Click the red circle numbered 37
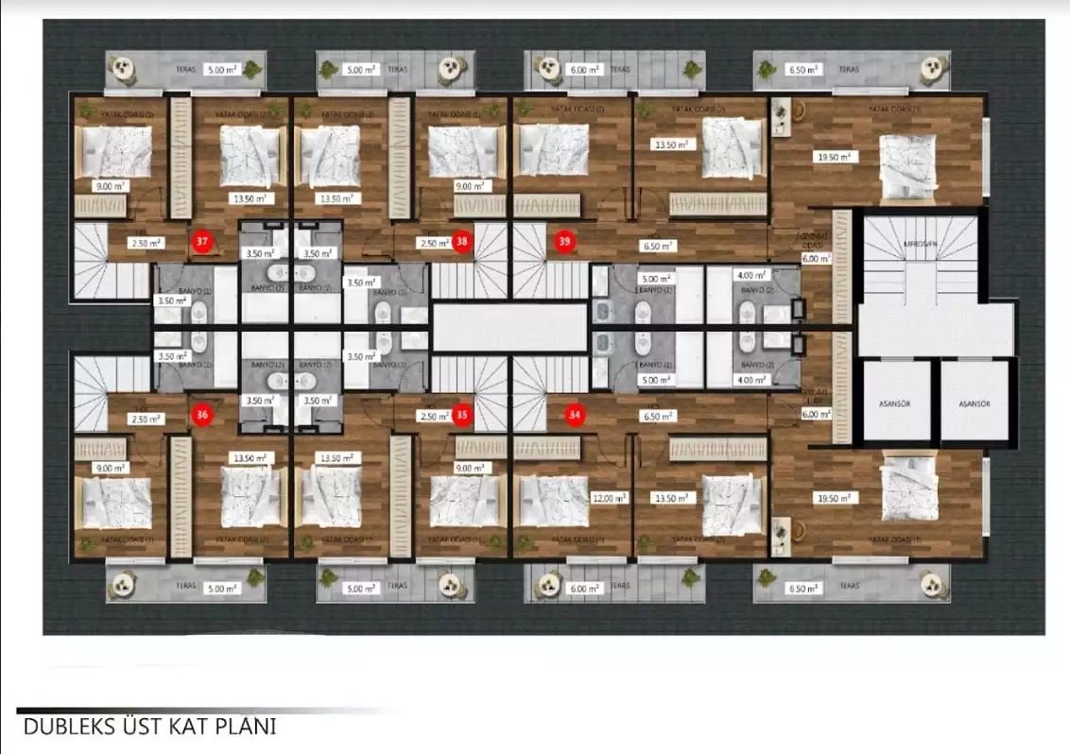click(x=201, y=242)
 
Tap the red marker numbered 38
click(x=461, y=242)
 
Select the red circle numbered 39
click(x=565, y=242)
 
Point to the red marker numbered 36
click(x=201, y=414)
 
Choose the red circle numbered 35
click(x=461, y=414)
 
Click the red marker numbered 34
click(x=574, y=414)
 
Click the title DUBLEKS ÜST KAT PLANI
click(x=149, y=727)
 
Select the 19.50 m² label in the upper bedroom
click(x=833, y=158)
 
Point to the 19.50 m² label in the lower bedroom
click(x=833, y=498)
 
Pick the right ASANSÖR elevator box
click(x=973, y=403)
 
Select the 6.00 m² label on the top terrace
click(x=583, y=70)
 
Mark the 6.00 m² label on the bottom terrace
click(x=583, y=588)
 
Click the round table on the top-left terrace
click(x=121, y=68)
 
